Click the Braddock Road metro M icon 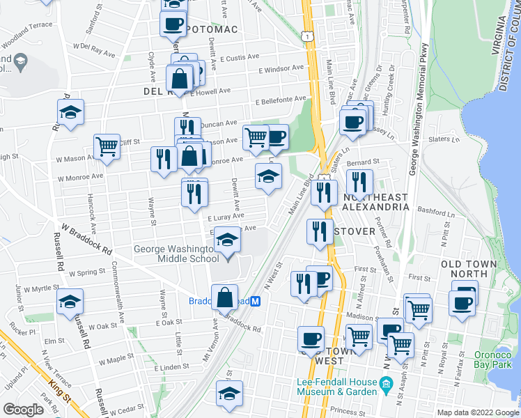pos(256,301)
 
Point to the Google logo pos(22,410)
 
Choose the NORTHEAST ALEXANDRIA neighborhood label pos(375,203)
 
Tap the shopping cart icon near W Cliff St pos(107,146)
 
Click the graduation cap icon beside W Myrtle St pos(70,301)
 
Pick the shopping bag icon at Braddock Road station pos(224,297)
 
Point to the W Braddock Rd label pos(86,238)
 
